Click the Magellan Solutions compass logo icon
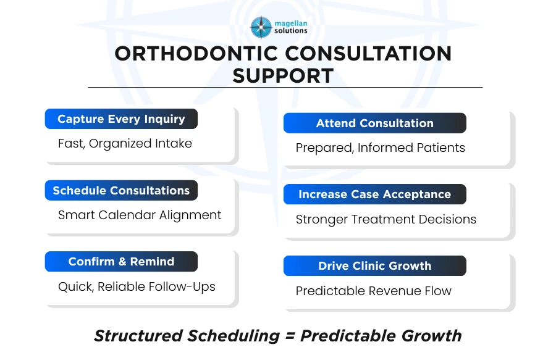(261, 27)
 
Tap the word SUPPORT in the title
(283, 75)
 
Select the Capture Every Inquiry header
(121, 119)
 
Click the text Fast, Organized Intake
(125, 143)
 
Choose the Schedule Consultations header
(121, 191)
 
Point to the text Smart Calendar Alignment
(140, 215)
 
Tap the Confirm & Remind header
(121, 262)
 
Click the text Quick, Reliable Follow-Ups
(137, 286)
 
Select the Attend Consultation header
(374, 123)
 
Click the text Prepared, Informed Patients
(380, 148)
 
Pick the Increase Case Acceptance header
(374, 194)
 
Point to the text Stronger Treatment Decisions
(385, 219)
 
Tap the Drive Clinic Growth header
(374, 266)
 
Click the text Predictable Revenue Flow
(373, 291)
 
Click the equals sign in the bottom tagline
(290, 336)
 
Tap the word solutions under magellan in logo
(290, 31)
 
